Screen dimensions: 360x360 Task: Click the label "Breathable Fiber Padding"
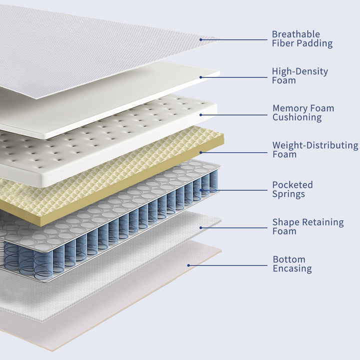tap(302, 39)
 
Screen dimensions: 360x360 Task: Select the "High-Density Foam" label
tap(300, 76)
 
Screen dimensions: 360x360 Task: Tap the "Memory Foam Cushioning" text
tap(303, 112)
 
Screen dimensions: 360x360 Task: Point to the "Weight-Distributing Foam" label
tap(315, 149)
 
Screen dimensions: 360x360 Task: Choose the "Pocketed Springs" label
tap(292, 189)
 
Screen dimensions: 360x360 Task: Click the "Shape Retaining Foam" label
tap(308, 226)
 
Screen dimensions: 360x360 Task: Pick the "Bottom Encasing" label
tap(292, 264)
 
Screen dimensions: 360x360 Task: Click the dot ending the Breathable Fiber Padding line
tap(201, 39)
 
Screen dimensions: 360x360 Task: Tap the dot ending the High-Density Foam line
tap(201, 77)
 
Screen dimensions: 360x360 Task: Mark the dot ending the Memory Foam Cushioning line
tap(201, 115)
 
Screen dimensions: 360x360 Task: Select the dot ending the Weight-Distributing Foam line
tap(201, 152)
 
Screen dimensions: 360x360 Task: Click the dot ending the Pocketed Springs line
tap(201, 190)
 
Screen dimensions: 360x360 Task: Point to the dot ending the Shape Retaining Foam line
tap(201, 228)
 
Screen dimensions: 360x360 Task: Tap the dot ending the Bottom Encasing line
tap(188, 265)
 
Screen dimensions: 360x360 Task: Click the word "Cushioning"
tap(297, 117)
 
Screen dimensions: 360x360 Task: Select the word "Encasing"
tap(292, 269)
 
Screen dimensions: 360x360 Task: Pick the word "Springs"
tap(288, 194)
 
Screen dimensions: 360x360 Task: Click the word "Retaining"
tap(323, 222)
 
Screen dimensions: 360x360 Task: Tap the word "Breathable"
tap(296, 34)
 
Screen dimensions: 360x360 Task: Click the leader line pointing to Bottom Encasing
tap(228, 265)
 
